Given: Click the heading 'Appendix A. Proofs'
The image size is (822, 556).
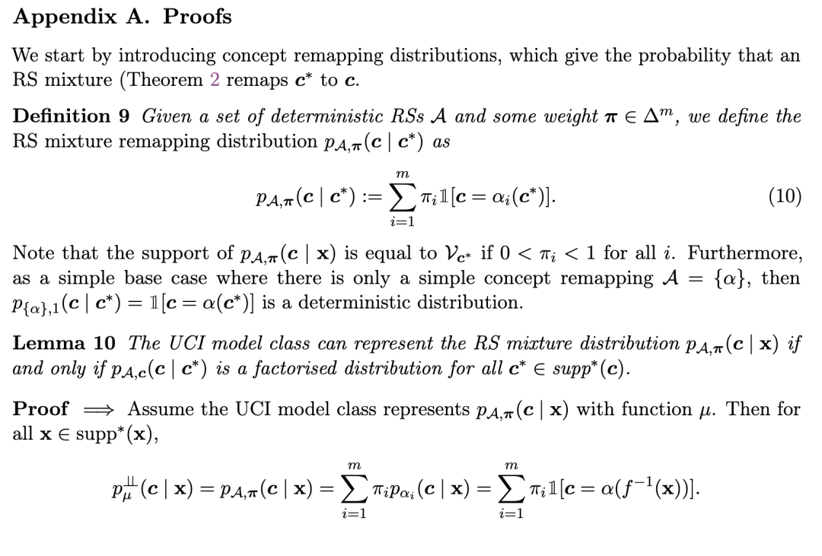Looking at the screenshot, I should click(x=122, y=16).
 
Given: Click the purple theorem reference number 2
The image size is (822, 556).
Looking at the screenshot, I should click(x=215, y=80).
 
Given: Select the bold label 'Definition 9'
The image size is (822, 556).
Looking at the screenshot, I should click(x=72, y=116).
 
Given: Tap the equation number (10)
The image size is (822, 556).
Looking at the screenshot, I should click(x=785, y=196).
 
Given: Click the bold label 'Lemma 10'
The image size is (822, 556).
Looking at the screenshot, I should click(x=63, y=343).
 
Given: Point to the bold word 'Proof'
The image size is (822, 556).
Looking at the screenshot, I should click(x=41, y=409).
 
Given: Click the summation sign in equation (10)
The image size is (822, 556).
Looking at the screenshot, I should click(x=401, y=197).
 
